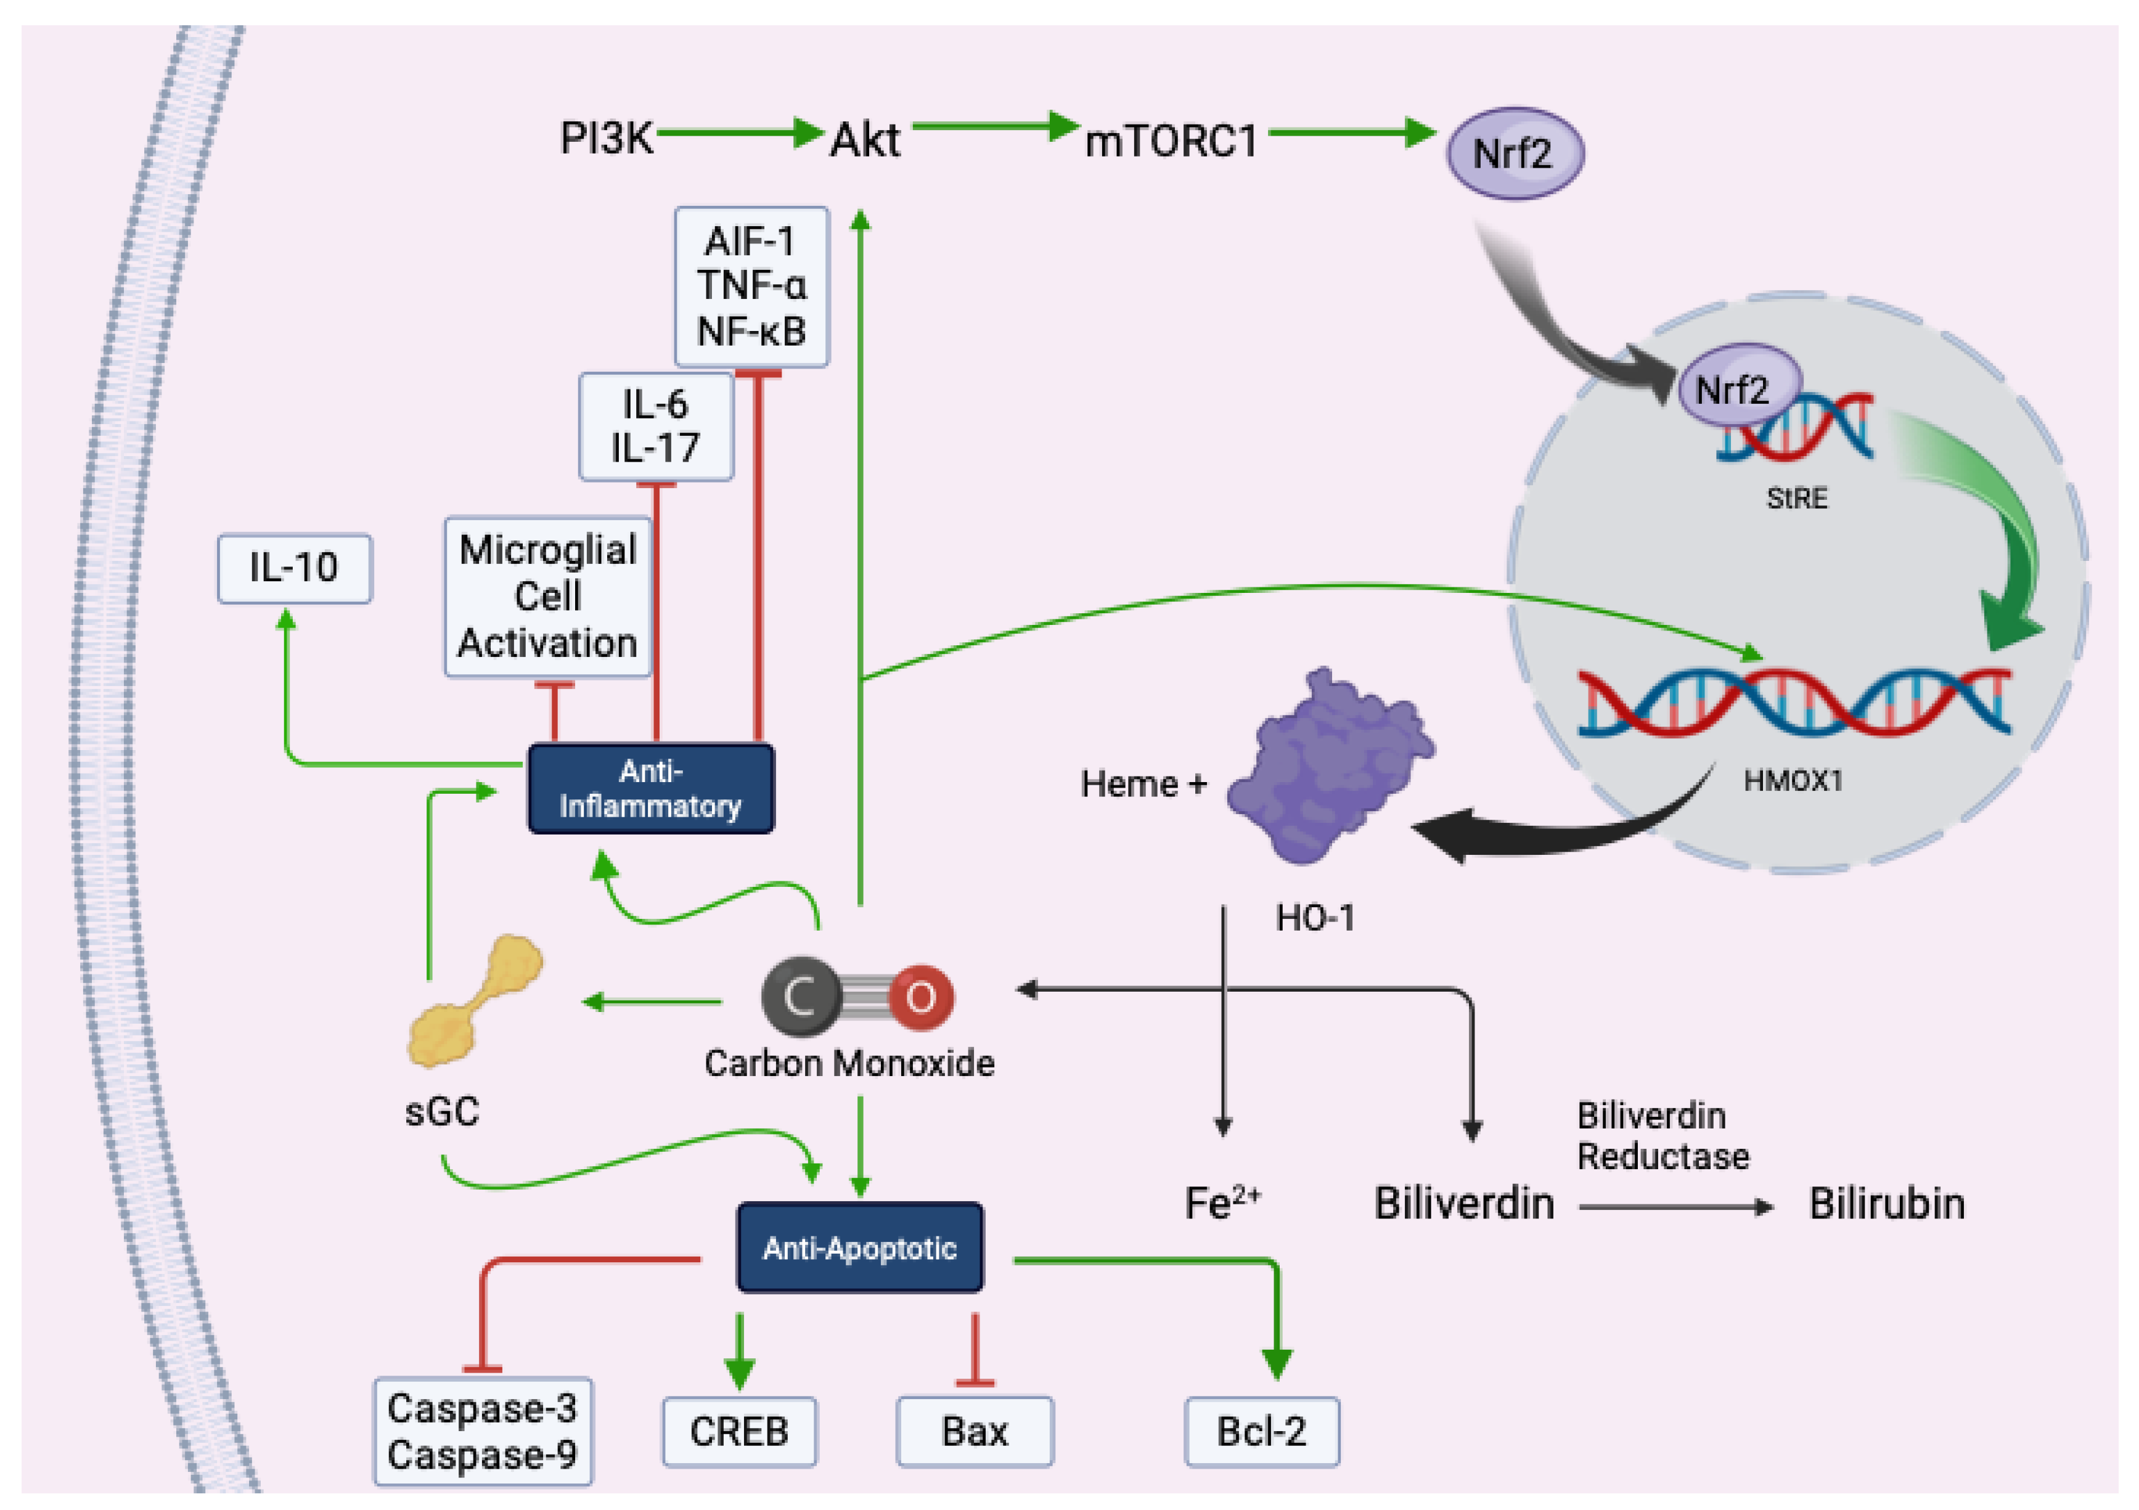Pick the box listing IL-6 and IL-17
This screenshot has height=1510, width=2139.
[656, 426]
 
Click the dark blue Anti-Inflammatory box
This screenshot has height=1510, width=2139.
[650, 788]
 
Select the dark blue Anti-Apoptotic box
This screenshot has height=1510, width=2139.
[859, 1247]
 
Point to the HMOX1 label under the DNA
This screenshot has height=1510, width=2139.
[1793, 781]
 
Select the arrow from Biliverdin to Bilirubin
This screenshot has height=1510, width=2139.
[1675, 1207]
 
